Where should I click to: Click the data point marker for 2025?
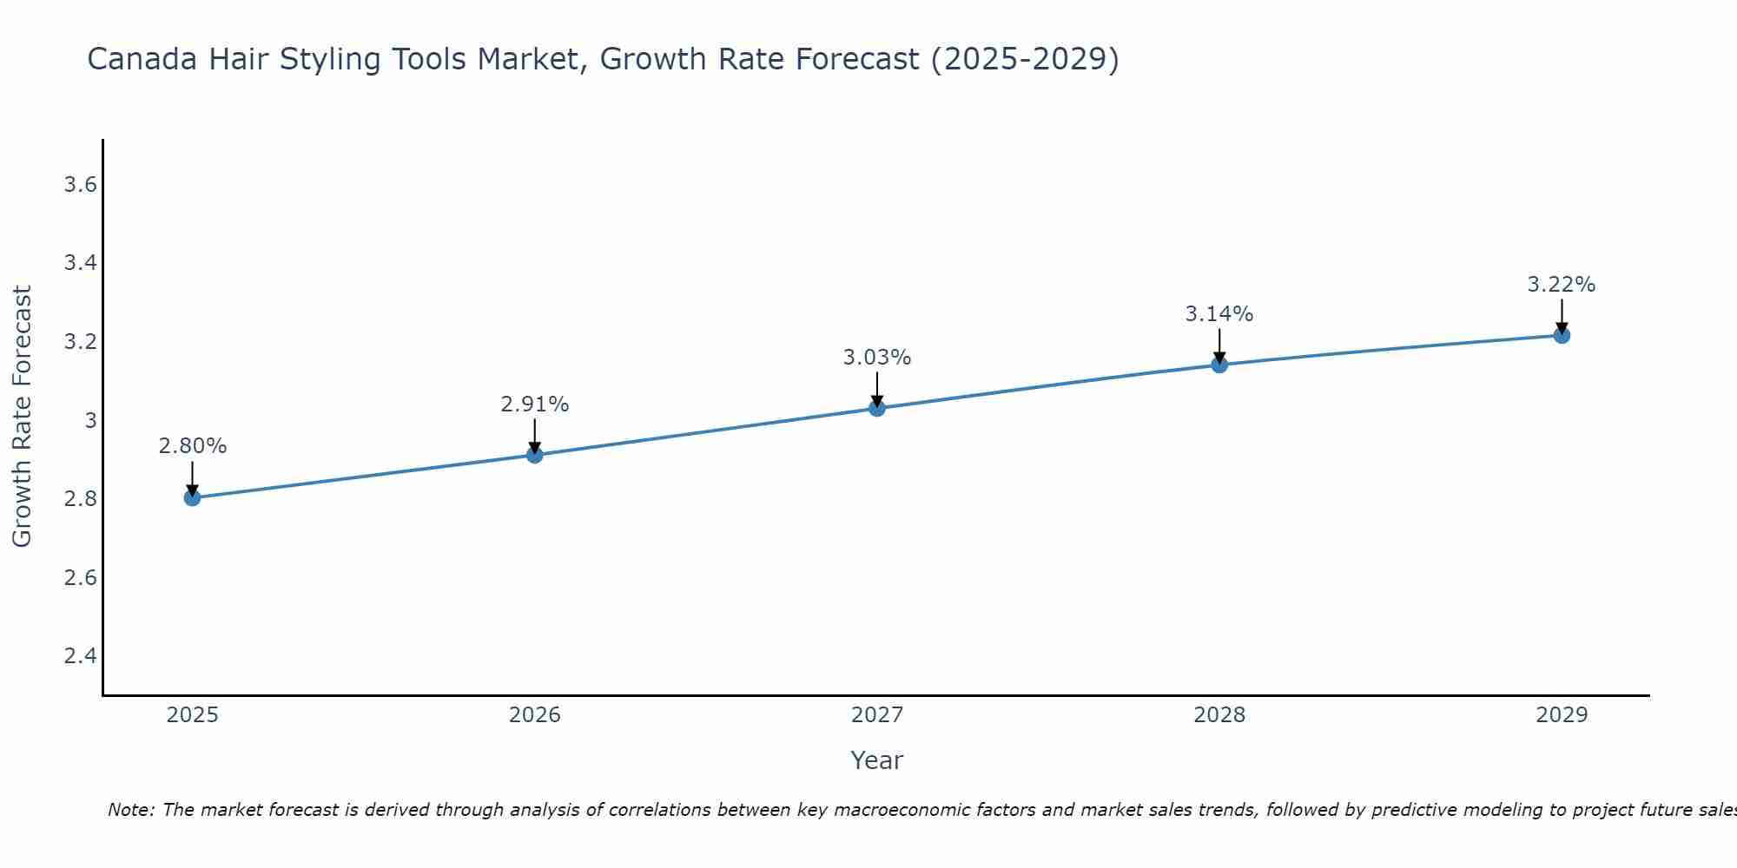point(192,497)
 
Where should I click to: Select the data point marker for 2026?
point(534,455)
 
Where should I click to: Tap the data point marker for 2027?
point(877,408)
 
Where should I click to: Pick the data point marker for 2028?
point(1219,365)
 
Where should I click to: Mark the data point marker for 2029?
point(1562,335)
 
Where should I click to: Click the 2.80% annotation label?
point(192,446)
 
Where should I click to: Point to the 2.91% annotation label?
point(534,404)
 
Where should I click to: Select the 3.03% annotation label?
point(877,358)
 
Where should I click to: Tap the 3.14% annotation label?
point(1219,314)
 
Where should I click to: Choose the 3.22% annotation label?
point(1562,285)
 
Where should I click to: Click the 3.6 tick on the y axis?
point(80,185)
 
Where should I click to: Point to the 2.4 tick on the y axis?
point(80,655)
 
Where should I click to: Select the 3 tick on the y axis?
point(89,420)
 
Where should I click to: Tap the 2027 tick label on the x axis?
point(877,715)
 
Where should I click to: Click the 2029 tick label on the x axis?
point(1562,715)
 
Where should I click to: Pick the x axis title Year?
point(877,760)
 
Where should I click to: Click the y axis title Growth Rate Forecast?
point(22,417)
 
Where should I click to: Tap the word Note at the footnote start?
point(130,810)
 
